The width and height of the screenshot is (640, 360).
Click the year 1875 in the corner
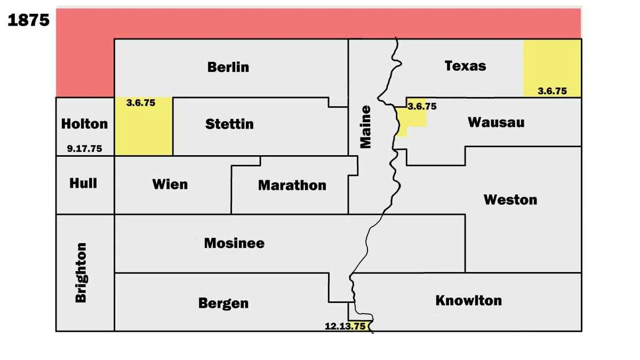pyautogui.click(x=29, y=20)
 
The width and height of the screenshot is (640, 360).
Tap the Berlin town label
pyautogui.click(x=228, y=67)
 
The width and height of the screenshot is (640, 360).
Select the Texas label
pyautogui.click(x=465, y=66)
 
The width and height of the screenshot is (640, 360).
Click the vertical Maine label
pyautogui.click(x=365, y=127)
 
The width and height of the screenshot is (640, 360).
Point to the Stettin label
pyautogui.click(x=229, y=124)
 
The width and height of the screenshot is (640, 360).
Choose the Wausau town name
pyautogui.click(x=496, y=122)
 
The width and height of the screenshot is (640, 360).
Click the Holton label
pyautogui.click(x=84, y=124)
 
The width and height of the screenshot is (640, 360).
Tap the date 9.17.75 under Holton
pyautogui.click(x=84, y=149)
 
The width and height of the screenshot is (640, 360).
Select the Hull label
pyautogui.click(x=83, y=183)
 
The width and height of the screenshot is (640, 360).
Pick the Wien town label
pyautogui.click(x=170, y=185)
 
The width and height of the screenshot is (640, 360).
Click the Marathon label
pyautogui.click(x=292, y=185)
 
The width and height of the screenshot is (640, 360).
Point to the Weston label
pyautogui.click(x=510, y=200)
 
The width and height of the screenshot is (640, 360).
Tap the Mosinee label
pyautogui.click(x=234, y=243)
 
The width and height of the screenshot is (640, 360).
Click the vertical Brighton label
pyautogui.click(x=81, y=273)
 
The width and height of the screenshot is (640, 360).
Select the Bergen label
pyautogui.click(x=223, y=303)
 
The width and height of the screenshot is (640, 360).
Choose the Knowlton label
pyautogui.click(x=469, y=300)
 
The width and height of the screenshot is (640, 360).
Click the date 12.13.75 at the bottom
pyautogui.click(x=345, y=326)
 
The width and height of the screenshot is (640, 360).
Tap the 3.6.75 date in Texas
pyautogui.click(x=552, y=91)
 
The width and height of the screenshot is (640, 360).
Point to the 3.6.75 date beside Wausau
pyautogui.click(x=422, y=106)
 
